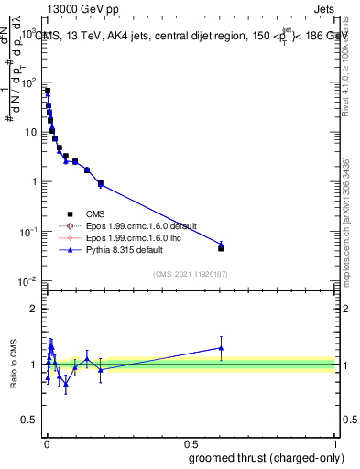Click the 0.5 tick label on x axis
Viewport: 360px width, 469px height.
[191, 442]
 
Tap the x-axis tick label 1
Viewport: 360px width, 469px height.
[335, 442]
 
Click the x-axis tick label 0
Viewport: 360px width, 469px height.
[46, 442]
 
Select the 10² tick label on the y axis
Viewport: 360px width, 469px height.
[27, 82]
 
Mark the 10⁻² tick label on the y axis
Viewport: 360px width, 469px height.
[27, 280]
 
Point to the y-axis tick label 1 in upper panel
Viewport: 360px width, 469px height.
[35, 181]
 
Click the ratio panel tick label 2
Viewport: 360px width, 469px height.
[35, 308]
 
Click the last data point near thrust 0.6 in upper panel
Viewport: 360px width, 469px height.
[221, 247]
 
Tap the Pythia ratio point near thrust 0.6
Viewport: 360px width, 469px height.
[221, 347]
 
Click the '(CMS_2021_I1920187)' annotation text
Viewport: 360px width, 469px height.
[190, 274]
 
